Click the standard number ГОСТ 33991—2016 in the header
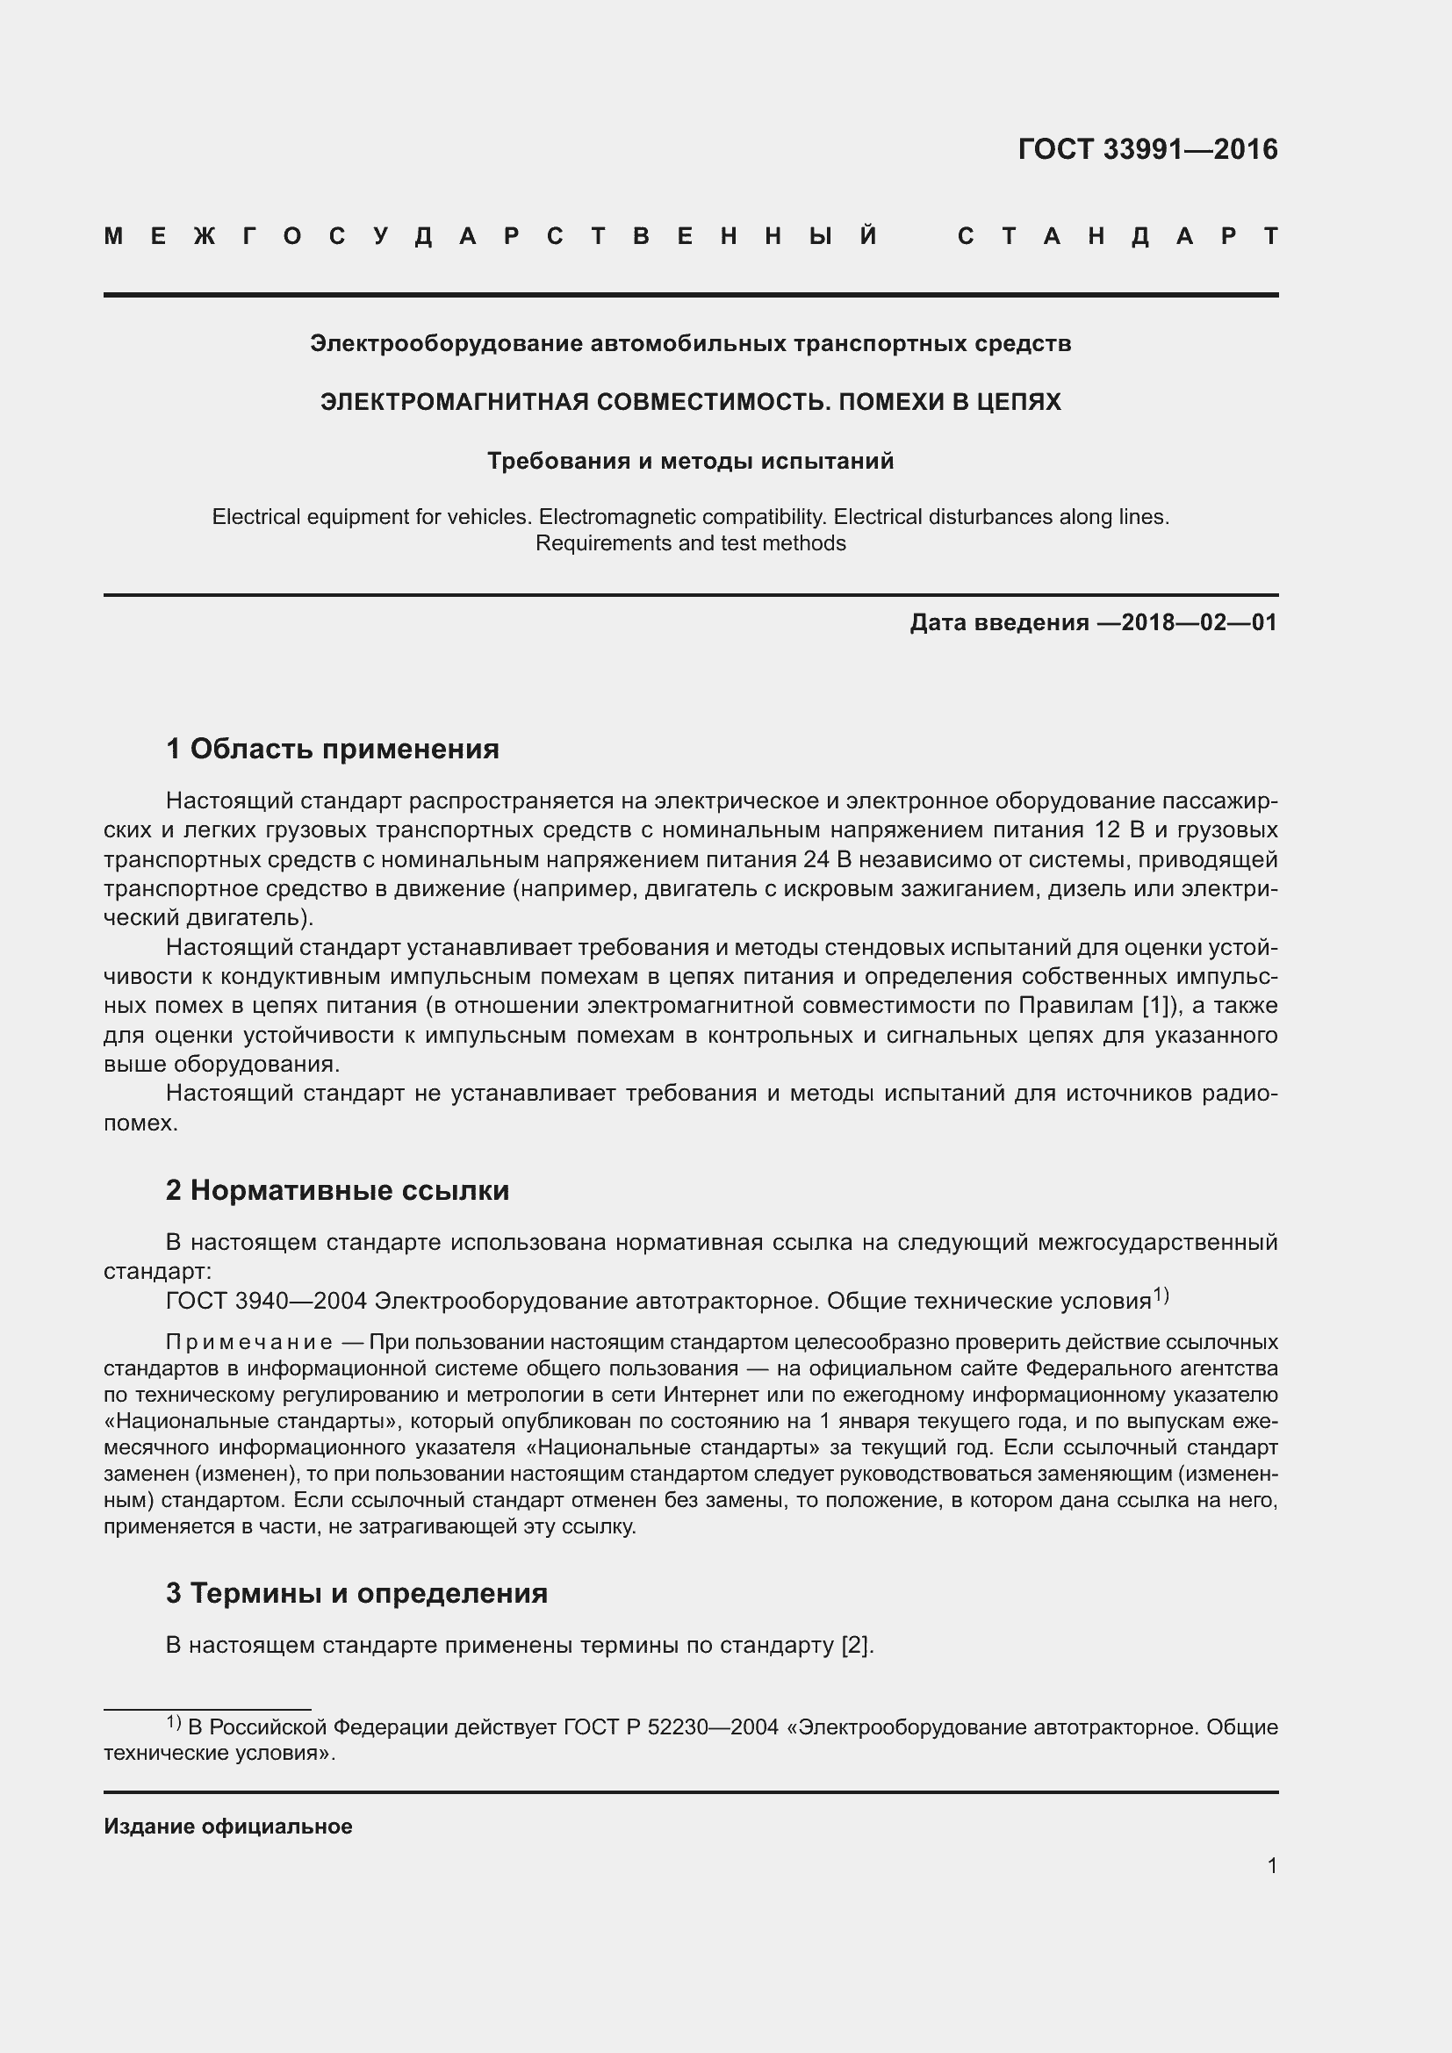(1147, 149)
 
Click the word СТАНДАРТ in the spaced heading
(1118, 237)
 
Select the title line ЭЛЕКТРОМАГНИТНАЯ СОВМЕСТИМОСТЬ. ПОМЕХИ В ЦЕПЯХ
(690, 402)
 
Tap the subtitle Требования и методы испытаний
(690, 462)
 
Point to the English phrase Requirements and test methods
(690, 543)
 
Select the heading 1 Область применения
(333, 749)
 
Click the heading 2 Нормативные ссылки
(338, 1190)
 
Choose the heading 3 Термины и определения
(356, 1592)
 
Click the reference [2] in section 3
(855, 1645)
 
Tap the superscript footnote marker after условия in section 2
(1161, 1295)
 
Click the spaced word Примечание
(249, 1342)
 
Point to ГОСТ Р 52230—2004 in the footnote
(672, 1727)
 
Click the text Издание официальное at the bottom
(228, 1827)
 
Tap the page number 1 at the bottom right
(1272, 1865)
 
